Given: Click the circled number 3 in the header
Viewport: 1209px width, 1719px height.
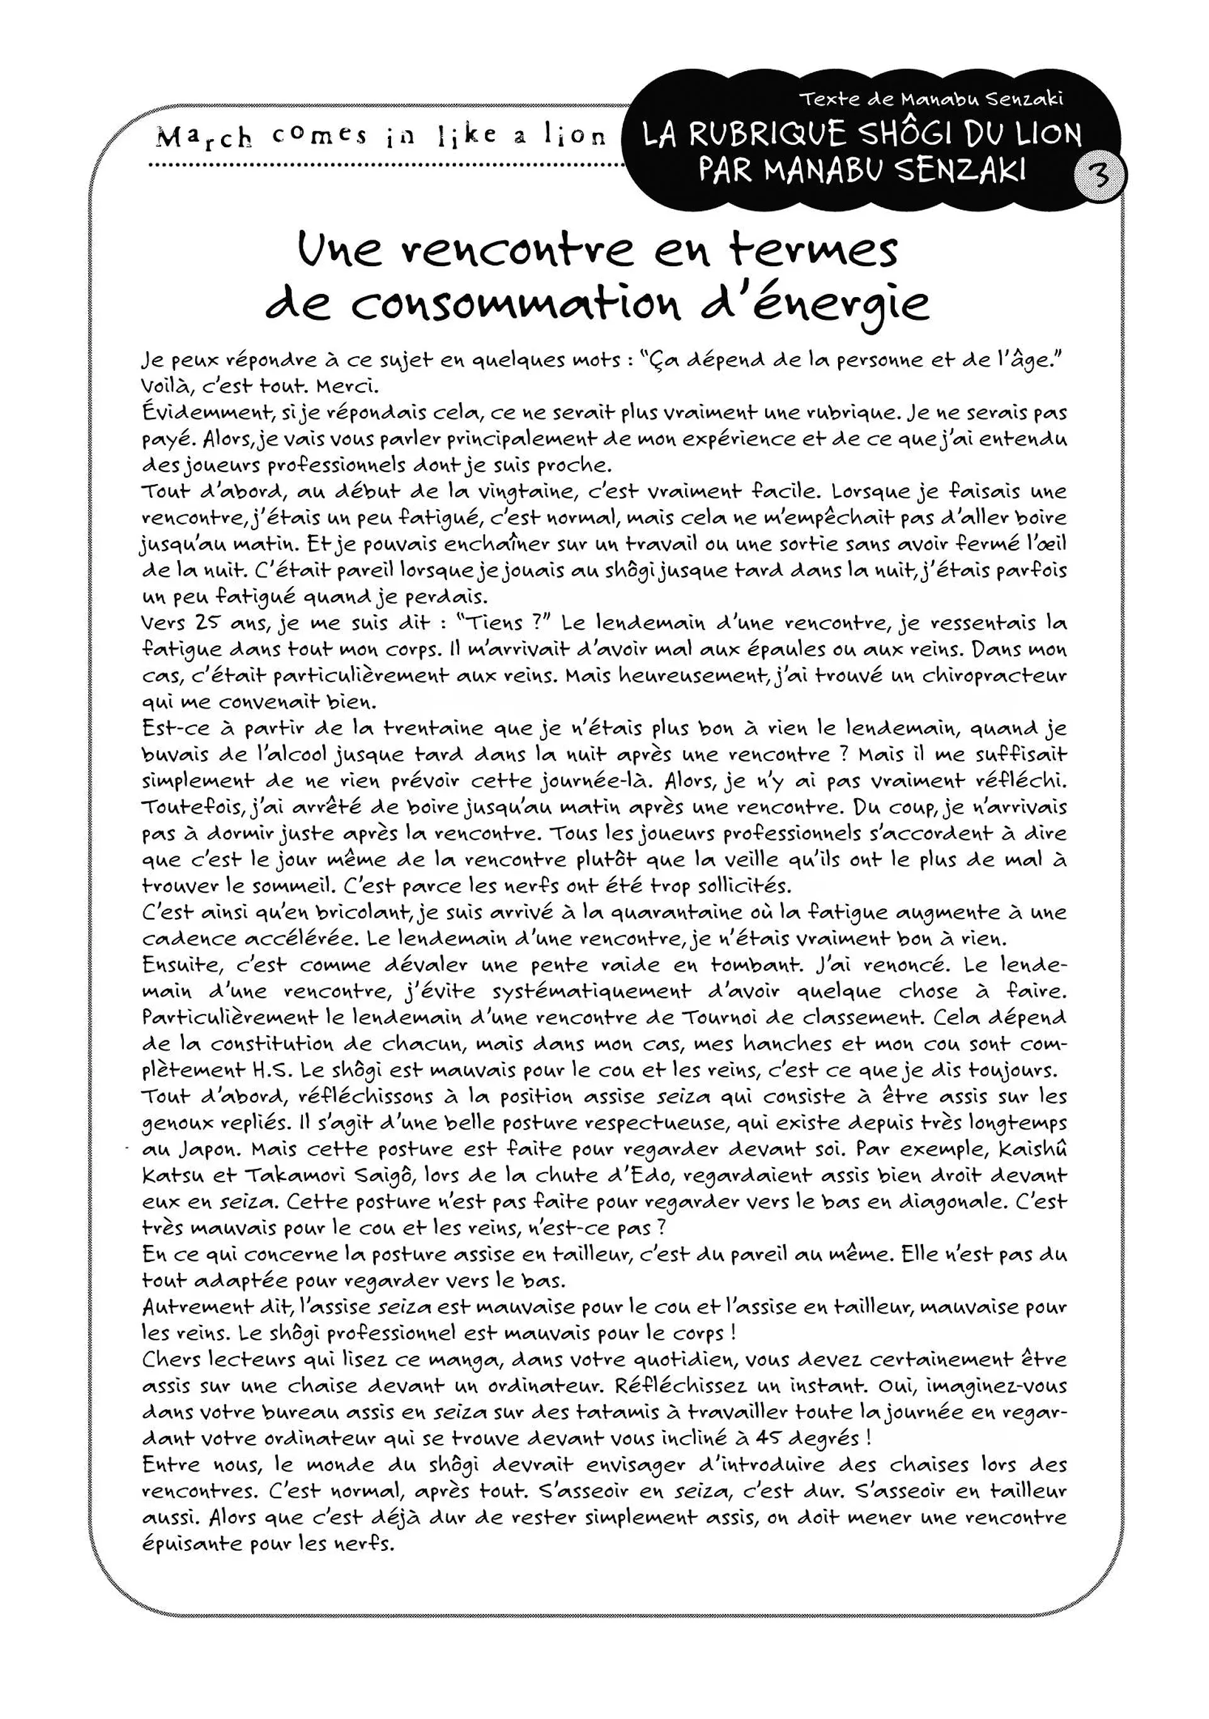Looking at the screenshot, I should (x=1099, y=177).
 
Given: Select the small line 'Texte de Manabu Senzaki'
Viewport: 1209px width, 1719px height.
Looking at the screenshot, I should (x=931, y=99).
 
